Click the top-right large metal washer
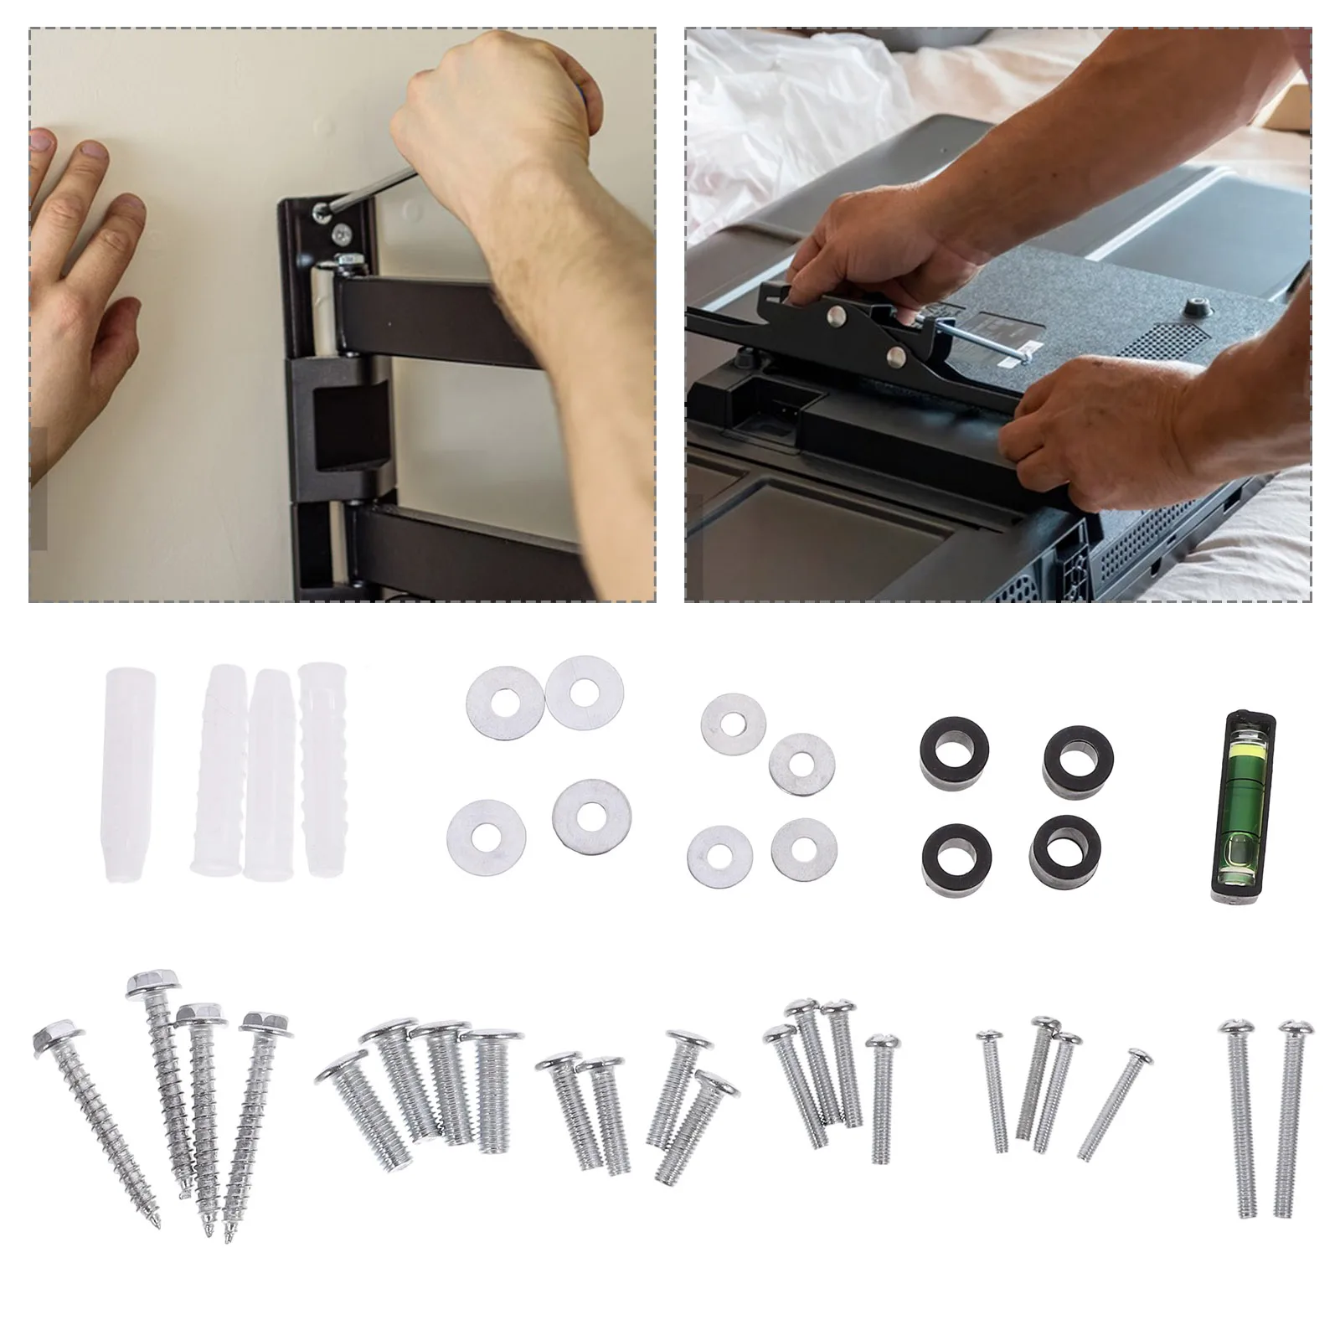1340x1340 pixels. coord(584,691)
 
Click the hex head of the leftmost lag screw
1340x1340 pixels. coord(54,1040)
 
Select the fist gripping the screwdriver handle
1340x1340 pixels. coord(494,109)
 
